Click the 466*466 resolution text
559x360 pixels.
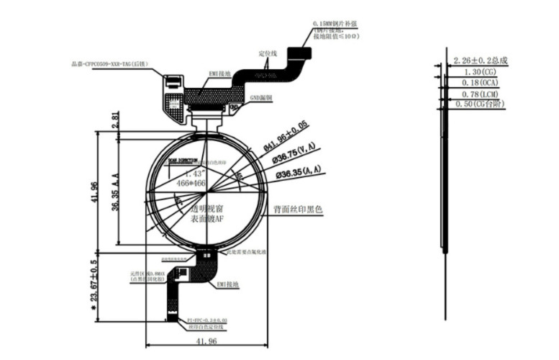click(191, 184)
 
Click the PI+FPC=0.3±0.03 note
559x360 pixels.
click(207, 318)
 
